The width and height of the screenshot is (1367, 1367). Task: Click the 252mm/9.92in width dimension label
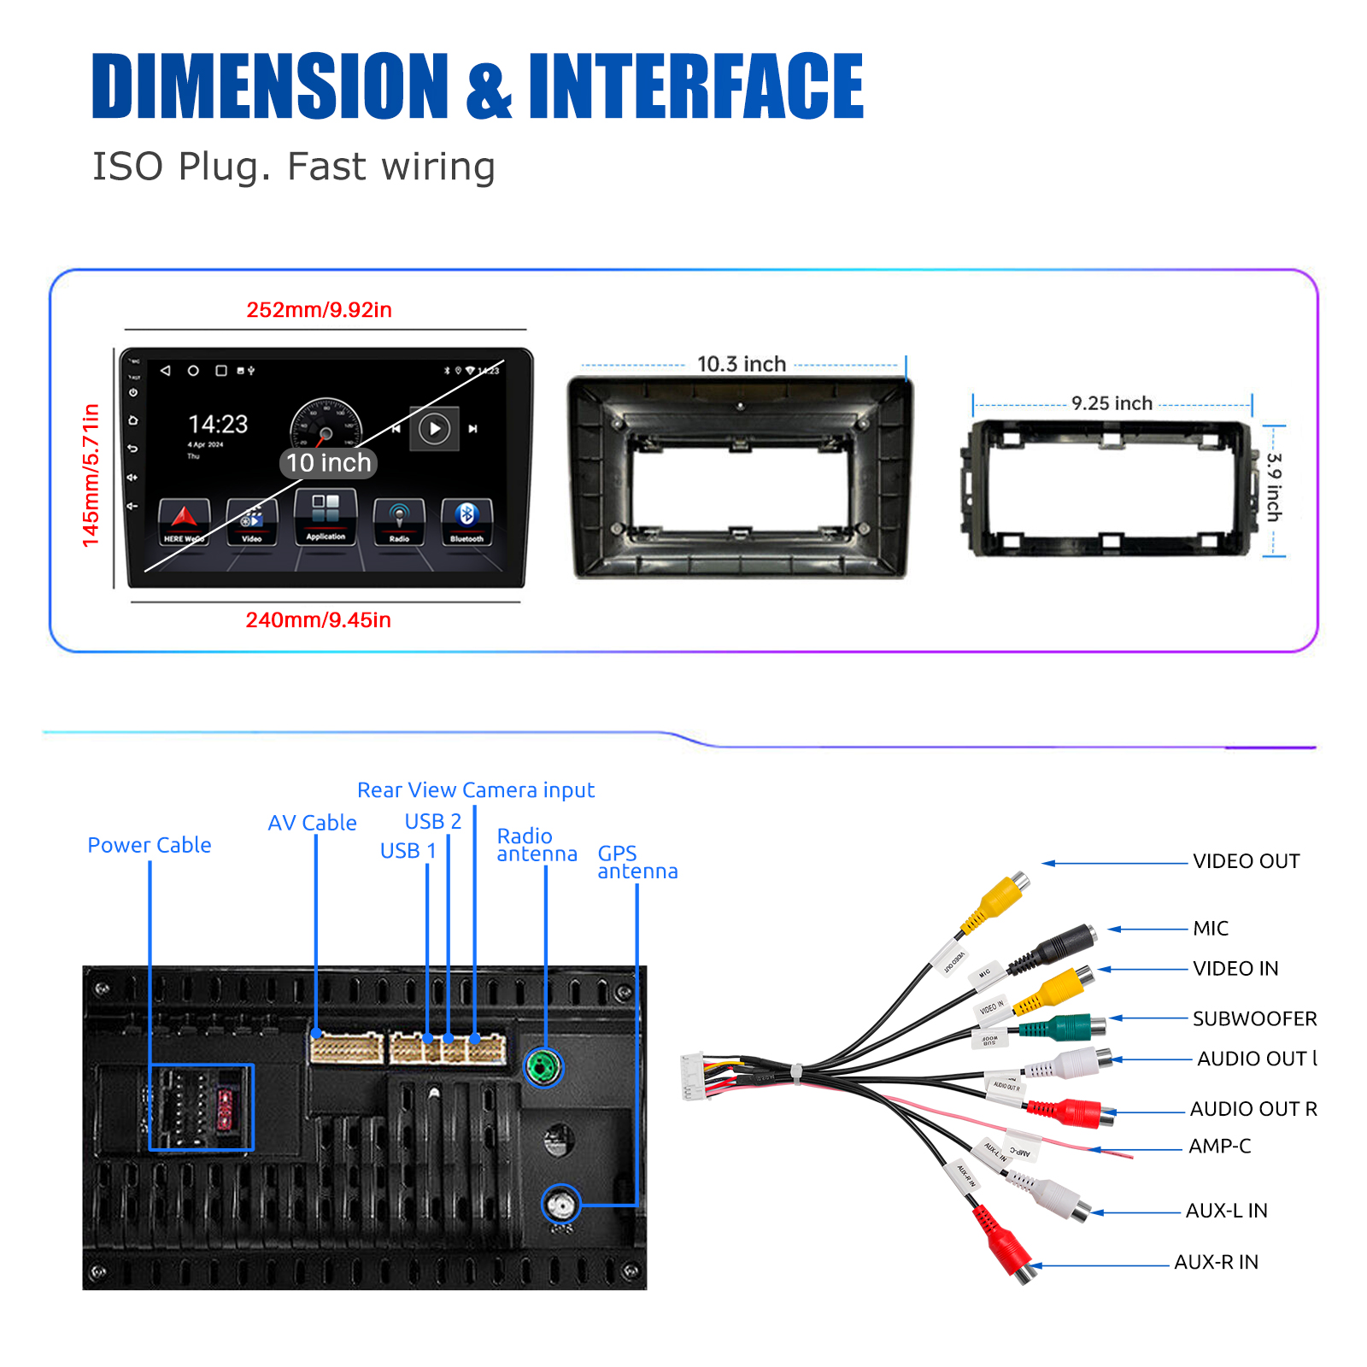(x=319, y=310)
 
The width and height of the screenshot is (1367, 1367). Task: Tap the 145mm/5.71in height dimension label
(x=91, y=475)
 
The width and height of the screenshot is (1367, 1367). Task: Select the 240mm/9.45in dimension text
(x=318, y=620)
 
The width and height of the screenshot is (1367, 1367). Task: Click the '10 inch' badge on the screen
(x=328, y=463)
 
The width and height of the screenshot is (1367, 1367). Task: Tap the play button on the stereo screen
(x=434, y=428)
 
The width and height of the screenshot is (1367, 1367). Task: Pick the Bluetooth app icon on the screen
(x=466, y=519)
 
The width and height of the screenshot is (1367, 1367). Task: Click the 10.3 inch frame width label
(x=741, y=365)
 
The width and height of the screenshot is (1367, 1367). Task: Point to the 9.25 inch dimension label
(x=1112, y=403)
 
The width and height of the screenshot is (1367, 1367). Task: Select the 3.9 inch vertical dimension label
(x=1273, y=487)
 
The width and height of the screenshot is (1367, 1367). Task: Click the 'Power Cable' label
(x=150, y=845)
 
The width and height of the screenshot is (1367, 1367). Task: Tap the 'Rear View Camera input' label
(x=475, y=790)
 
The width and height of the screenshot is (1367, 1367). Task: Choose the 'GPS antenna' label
(x=637, y=862)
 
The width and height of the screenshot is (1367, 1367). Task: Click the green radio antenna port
(x=543, y=1067)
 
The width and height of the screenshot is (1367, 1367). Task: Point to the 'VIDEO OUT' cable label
(x=1246, y=861)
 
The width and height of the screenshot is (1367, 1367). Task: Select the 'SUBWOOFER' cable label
(x=1254, y=1018)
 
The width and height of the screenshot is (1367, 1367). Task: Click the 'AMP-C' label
(x=1219, y=1147)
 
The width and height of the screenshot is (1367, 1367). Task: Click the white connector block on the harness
(x=692, y=1076)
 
